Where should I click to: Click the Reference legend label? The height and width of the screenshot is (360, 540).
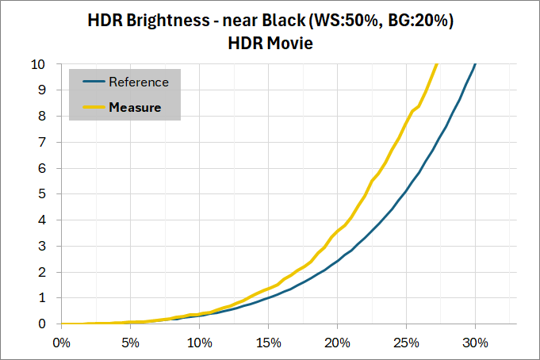(139, 82)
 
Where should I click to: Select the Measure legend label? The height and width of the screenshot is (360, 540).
(135, 107)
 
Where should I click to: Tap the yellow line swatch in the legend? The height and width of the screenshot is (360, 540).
(94, 107)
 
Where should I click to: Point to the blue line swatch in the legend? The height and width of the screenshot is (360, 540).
(94, 82)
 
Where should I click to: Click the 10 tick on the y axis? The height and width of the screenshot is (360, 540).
(38, 64)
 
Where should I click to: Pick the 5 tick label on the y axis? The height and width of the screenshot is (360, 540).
(42, 194)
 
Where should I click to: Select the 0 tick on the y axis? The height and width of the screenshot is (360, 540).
(42, 324)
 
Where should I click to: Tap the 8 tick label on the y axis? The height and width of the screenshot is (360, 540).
(42, 116)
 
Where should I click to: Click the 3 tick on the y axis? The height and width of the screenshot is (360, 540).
(42, 246)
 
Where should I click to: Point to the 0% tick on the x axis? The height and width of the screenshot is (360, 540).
(62, 343)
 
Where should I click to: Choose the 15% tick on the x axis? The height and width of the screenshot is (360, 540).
(269, 343)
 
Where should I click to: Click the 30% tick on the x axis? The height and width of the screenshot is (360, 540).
(475, 343)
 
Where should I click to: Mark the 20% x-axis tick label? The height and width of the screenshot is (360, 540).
(338, 343)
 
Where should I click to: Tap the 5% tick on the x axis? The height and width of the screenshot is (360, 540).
(131, 343)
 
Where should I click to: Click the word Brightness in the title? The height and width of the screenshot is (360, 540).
(168, 21)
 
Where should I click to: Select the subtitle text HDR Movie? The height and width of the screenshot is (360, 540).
(270, 44)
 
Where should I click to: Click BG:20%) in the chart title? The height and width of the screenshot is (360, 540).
(421, 21)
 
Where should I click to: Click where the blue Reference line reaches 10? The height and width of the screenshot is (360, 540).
(475, 64)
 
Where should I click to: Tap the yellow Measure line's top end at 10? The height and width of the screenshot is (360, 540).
(437, 64)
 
